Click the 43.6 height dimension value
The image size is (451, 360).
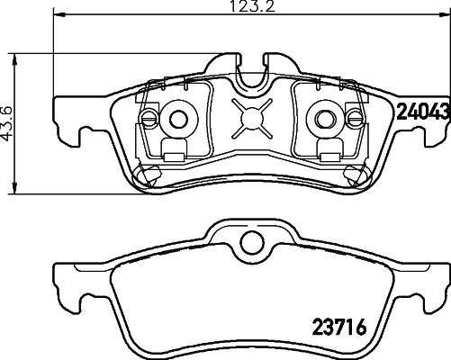[9, 123]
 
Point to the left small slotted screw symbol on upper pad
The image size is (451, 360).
[149, 117]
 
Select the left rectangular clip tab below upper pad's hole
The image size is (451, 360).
[178, 148]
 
